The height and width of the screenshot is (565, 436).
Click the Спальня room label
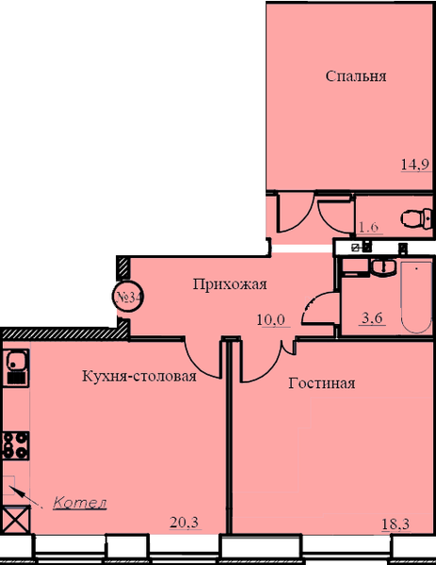tap(356, 76)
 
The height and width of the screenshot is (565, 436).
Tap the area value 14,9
tap(415, 164)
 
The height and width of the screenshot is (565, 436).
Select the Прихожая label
tap(230, 284)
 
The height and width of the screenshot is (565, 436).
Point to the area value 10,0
tap(271, 319)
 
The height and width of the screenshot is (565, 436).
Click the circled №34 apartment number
tap(129, 297)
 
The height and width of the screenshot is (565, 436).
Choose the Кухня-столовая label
tap(139, 376)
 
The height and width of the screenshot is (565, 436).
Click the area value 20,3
tap(185, 522)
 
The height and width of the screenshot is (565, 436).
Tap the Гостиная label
tap(322, 383)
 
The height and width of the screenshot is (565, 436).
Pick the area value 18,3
tap(396, 524)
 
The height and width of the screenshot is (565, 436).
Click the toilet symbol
tap(417, 218)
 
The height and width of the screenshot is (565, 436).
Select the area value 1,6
tap(368, 227)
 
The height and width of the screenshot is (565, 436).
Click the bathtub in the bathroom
tap(416, 298)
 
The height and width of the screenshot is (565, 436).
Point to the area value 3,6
tap(372, 318)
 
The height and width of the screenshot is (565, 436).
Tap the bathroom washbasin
tap(384, 267)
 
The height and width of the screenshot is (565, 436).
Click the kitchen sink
tap(16, 367)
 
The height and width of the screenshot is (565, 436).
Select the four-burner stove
tap(16, 445)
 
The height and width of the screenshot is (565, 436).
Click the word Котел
tap(80, 503)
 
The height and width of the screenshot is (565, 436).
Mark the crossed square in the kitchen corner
tap(16, 519)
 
